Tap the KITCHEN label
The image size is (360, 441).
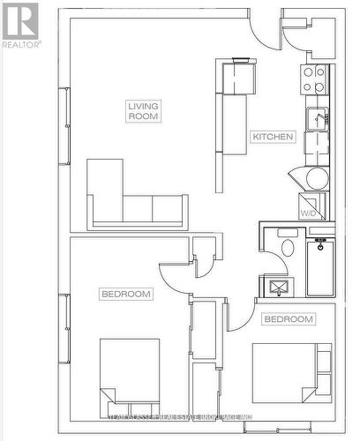[x=272, y=137]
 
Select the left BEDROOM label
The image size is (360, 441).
[x=125, y=294]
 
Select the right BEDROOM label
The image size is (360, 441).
[x=289, y=318]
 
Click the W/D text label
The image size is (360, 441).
[x=308, y=213]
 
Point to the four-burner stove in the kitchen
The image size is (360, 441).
[x=315, y=80]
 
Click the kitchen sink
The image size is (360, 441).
[x=317, y=119]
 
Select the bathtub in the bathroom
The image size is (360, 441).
[x=320, y=267]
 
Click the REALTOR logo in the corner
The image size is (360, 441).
[x=20, y=25]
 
